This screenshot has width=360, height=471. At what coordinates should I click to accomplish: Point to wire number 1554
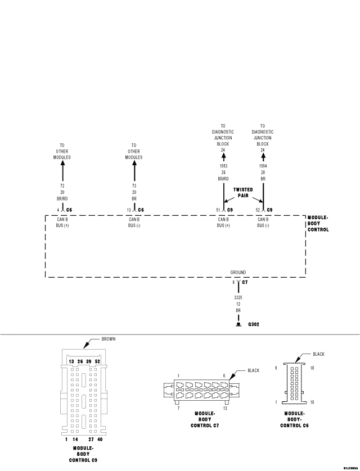pos(263,166)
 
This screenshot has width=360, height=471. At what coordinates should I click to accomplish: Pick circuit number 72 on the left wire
pos(62,185)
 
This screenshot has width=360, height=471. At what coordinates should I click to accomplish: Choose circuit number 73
pos(134,185)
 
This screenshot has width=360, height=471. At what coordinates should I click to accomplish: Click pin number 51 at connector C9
pos(218,210)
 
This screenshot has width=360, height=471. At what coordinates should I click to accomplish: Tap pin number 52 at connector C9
pos(258,210)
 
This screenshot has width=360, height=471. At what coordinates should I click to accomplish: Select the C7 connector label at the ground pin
pos(245,283)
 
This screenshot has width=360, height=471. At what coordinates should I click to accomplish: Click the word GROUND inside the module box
pos(238,272)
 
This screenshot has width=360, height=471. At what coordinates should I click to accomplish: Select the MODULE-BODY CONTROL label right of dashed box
pos(318,223)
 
